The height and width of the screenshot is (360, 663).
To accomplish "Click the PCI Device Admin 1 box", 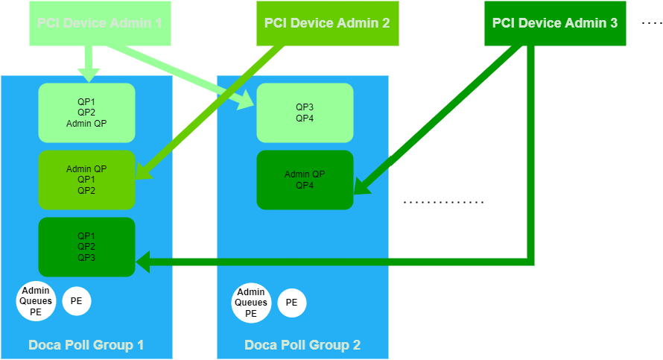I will click(x=100, y=23).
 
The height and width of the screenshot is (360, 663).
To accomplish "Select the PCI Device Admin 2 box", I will click(x=326, y=23).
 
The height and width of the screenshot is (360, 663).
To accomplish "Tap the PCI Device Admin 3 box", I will click(x=555, y=23).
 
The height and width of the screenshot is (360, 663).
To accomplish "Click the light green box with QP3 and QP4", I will click(x=305, y=113).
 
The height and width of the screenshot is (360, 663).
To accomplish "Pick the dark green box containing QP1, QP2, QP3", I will click(x=86, y=247).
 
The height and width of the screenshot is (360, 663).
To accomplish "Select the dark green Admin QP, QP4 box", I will click(x=305, y=180).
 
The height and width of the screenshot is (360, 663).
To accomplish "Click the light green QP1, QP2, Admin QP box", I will click(x=86, y=113).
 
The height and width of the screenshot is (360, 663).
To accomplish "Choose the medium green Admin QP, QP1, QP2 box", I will click(x=86, y=180).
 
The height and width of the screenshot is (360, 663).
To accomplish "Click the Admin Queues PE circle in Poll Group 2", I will click(x=251, y=303).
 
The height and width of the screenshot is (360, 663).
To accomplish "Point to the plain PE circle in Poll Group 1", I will click(x=76, y=301).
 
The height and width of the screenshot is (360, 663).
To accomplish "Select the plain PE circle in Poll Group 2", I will click(x=291, y=303).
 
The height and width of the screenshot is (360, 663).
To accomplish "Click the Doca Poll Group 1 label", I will click(x=86, y=345).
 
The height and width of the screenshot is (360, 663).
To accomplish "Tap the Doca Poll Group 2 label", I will click(x=302, y=345).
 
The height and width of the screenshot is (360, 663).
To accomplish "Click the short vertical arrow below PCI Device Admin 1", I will click(x=89, y=63).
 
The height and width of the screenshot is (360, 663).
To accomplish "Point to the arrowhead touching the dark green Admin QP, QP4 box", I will click(x=360, y=186).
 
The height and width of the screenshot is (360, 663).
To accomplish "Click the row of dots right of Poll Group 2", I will click(x=444, y=202).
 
